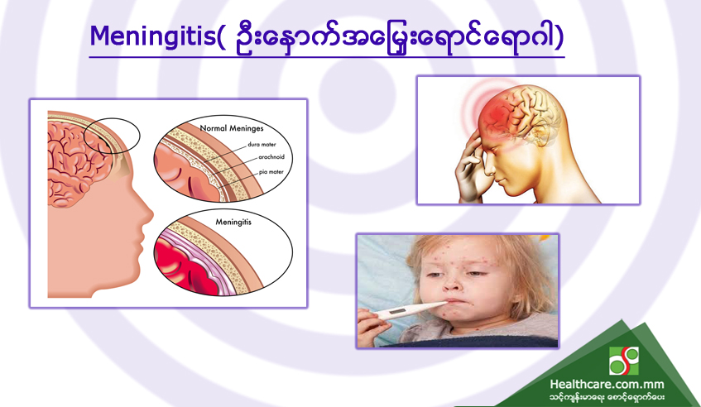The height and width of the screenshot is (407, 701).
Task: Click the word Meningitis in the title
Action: point(153,36)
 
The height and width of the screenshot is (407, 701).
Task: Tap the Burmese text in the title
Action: point(394,37)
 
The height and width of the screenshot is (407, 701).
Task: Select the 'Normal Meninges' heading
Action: point(232,128)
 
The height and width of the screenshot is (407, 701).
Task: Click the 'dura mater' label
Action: point(262,144)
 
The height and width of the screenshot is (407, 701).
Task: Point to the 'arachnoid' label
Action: point(271,157)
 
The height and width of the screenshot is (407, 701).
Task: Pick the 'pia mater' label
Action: point(271,172)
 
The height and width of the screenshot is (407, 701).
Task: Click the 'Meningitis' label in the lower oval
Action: point(233,222)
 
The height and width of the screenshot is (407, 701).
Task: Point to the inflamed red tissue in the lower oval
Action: point(183,266)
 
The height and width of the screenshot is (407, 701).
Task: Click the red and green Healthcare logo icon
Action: point(624,361)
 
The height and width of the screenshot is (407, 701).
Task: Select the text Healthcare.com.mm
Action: point(607,384)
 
